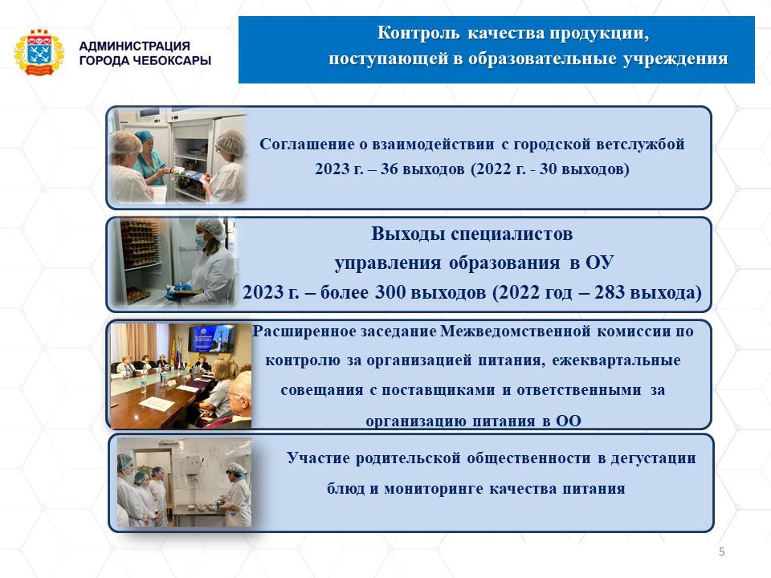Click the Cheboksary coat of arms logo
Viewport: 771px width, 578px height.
coord(39,53)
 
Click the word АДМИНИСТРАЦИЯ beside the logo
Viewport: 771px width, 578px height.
coord(134,46)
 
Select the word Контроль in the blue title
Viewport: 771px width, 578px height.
coord(418,33)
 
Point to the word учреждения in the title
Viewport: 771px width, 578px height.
coord(675,59)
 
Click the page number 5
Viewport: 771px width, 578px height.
coord(721,552)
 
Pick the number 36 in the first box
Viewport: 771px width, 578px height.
coord(389,169)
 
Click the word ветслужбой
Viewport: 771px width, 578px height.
coord(640,144)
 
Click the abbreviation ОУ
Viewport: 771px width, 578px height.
coord(599,263)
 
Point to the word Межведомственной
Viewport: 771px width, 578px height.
coord(516,332)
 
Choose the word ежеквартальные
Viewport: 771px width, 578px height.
coord(616,360)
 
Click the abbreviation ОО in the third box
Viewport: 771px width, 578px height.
coord(569,421)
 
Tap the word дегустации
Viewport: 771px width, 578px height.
coord(653,458)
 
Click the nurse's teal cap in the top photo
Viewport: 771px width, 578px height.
coord(144,135)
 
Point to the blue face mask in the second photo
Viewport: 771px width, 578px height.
coord(201,242)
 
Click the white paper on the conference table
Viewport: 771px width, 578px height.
coord(157,404)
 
